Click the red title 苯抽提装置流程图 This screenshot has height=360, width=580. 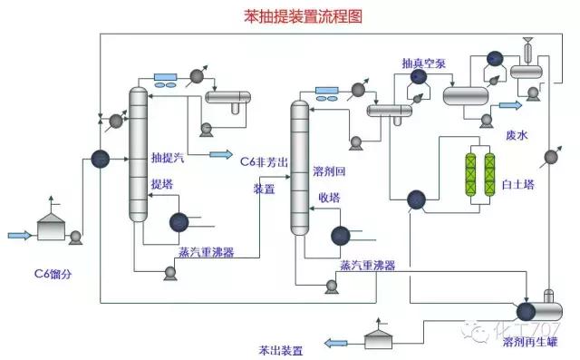[289, 15]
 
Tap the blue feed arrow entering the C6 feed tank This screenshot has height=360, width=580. [20, 236]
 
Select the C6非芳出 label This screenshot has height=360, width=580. [265, 160]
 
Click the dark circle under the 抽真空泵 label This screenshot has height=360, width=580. [419, 78]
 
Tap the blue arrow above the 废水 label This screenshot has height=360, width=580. [512, 106]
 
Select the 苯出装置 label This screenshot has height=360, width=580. [280, 349]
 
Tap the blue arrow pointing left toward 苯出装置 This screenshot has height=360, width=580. [336, 342]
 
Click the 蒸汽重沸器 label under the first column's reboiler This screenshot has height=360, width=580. [206, 253]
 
